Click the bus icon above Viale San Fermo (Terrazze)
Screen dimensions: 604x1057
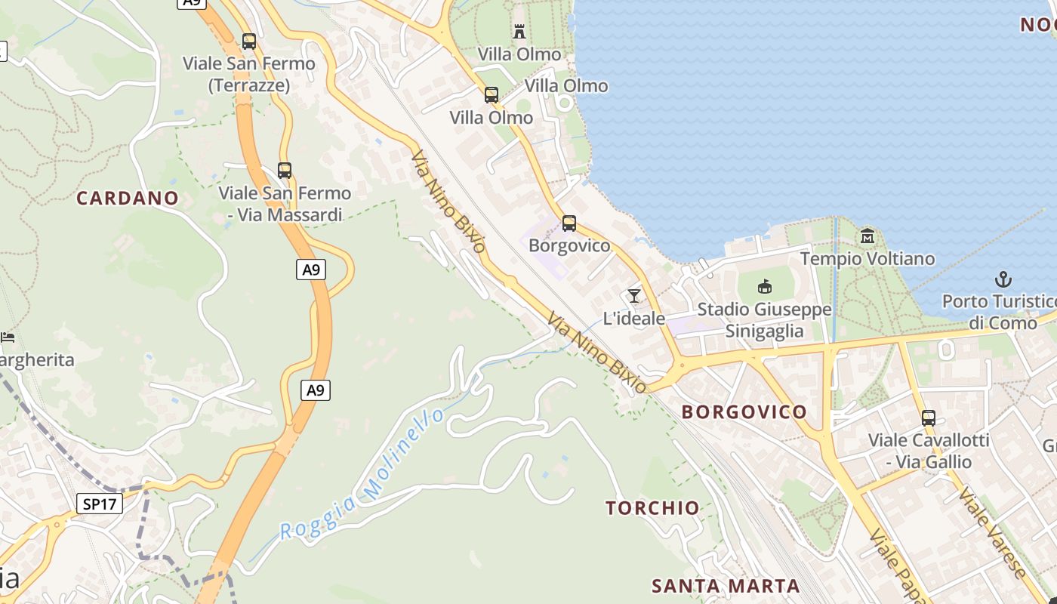249,42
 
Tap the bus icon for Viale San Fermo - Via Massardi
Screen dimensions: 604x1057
285,171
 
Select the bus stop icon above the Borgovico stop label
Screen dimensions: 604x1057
569,223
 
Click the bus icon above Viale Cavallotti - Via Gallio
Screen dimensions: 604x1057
929,418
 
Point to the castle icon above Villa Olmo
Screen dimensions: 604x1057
519,32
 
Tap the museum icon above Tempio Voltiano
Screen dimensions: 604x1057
867,236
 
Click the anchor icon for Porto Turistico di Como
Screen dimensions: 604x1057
1003,279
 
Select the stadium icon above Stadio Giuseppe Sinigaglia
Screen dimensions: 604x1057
765,286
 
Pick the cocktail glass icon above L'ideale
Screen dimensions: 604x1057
634,295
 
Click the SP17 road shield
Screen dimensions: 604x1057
100,504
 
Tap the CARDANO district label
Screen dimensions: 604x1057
128,199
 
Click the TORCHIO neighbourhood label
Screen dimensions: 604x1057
652,508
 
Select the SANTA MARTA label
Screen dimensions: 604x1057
726,586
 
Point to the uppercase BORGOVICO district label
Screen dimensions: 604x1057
744,412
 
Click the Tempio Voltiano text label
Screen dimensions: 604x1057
867,259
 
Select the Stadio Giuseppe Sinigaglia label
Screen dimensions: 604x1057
764,320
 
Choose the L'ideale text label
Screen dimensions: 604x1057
634,319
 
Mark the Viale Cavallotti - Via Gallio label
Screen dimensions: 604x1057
929,451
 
